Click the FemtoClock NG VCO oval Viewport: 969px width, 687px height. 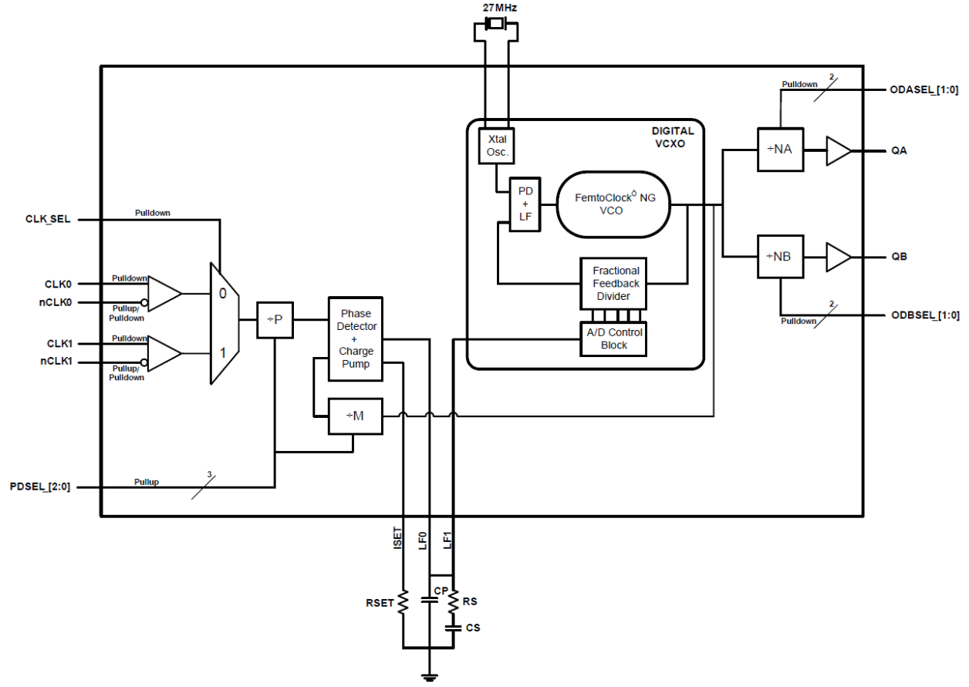[x=610, y=204]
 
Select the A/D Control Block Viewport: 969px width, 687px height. [x=614, y=338]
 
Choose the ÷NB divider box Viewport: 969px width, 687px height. [x=782, y=256]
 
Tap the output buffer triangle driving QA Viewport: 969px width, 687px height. [x=837, y=151]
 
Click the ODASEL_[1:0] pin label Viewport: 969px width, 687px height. [x=924, y=91]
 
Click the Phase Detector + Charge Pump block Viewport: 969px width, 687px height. [x=356, y=338]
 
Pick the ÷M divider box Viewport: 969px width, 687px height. [x=356, y=416]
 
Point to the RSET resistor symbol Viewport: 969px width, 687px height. [x=403, y=603]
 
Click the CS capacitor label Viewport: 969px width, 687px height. [x=473, y=628]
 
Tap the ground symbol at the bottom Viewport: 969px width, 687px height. [x=428, y=677]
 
